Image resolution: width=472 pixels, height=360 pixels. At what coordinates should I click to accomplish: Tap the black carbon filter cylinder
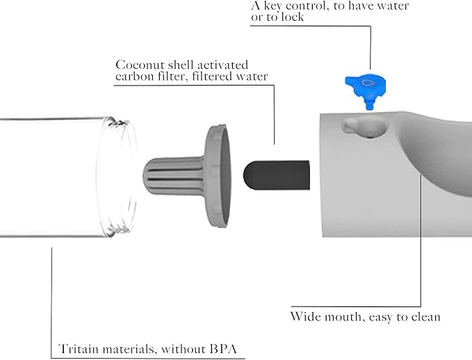point(276,170)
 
